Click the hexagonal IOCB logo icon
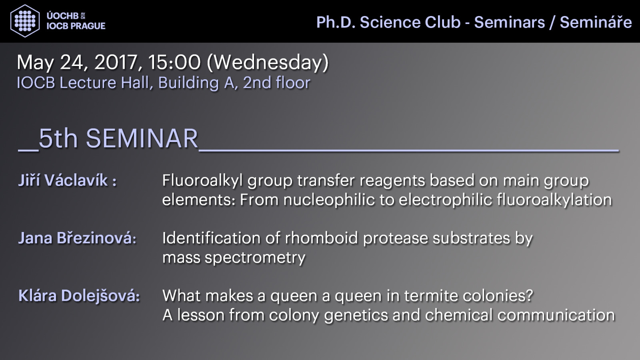click(25, 21)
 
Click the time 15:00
click(174, 62)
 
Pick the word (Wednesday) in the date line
click(268, 63)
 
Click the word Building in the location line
click(188, 83)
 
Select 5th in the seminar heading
click(58, 138)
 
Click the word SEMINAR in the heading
click(142, 138)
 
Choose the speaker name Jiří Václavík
click(63, 180)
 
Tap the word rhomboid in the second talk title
click(321, 238)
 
